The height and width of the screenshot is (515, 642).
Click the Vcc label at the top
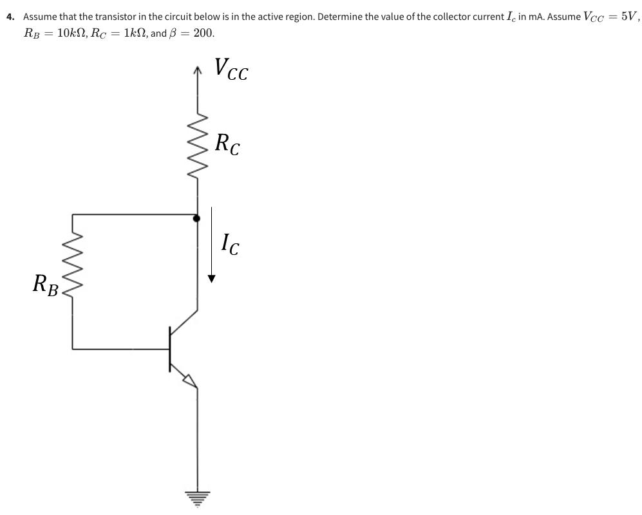pos(231,70)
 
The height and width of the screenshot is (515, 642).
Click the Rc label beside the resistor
pos(228,144)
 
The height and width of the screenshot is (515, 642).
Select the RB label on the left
pos(46,284)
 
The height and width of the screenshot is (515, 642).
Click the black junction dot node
pos(196,218)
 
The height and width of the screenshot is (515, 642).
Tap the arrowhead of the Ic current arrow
pos(211,279)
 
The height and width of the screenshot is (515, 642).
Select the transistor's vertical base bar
pos(170,349)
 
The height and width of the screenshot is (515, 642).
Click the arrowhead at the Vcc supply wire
pos(197,73)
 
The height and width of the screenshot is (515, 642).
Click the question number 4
pos(10,16)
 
